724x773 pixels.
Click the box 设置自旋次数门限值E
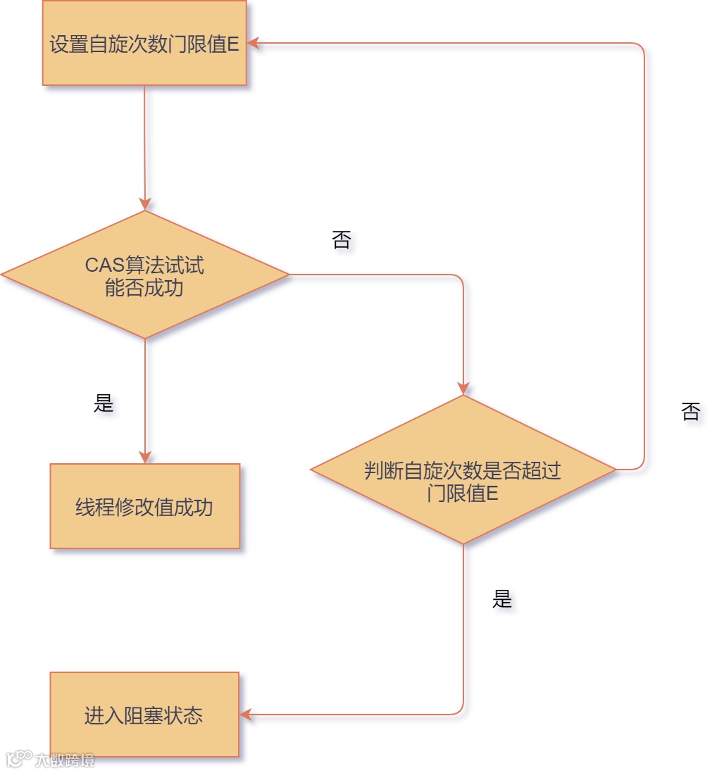(x=144, y=43)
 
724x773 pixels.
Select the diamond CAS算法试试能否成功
(x=144, y=275)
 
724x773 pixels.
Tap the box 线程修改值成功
(x=144, y=506)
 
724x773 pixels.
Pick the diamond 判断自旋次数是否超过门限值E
(x=463, y=470)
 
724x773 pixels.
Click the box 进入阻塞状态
(x=144, y=715)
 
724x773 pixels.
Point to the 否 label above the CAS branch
(x=341, y=240)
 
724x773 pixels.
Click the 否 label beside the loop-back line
(x=691, y=412)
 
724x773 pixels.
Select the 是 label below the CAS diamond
(x=104, y=403)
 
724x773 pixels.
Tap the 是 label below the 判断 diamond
(x=501, y=599)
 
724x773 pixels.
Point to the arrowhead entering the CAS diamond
(x=145, y=205)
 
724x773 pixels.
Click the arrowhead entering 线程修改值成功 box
(x=145, y=458)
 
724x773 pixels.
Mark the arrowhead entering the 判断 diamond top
(x=463, y=389)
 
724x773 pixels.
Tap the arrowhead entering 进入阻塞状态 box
(x=245, y=715)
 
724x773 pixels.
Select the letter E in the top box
(x=233, y=44)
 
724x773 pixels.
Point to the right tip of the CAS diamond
(x=288, y=275)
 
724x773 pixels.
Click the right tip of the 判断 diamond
(x=615, y=470)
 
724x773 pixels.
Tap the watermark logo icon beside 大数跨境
(x=18, y=759)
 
